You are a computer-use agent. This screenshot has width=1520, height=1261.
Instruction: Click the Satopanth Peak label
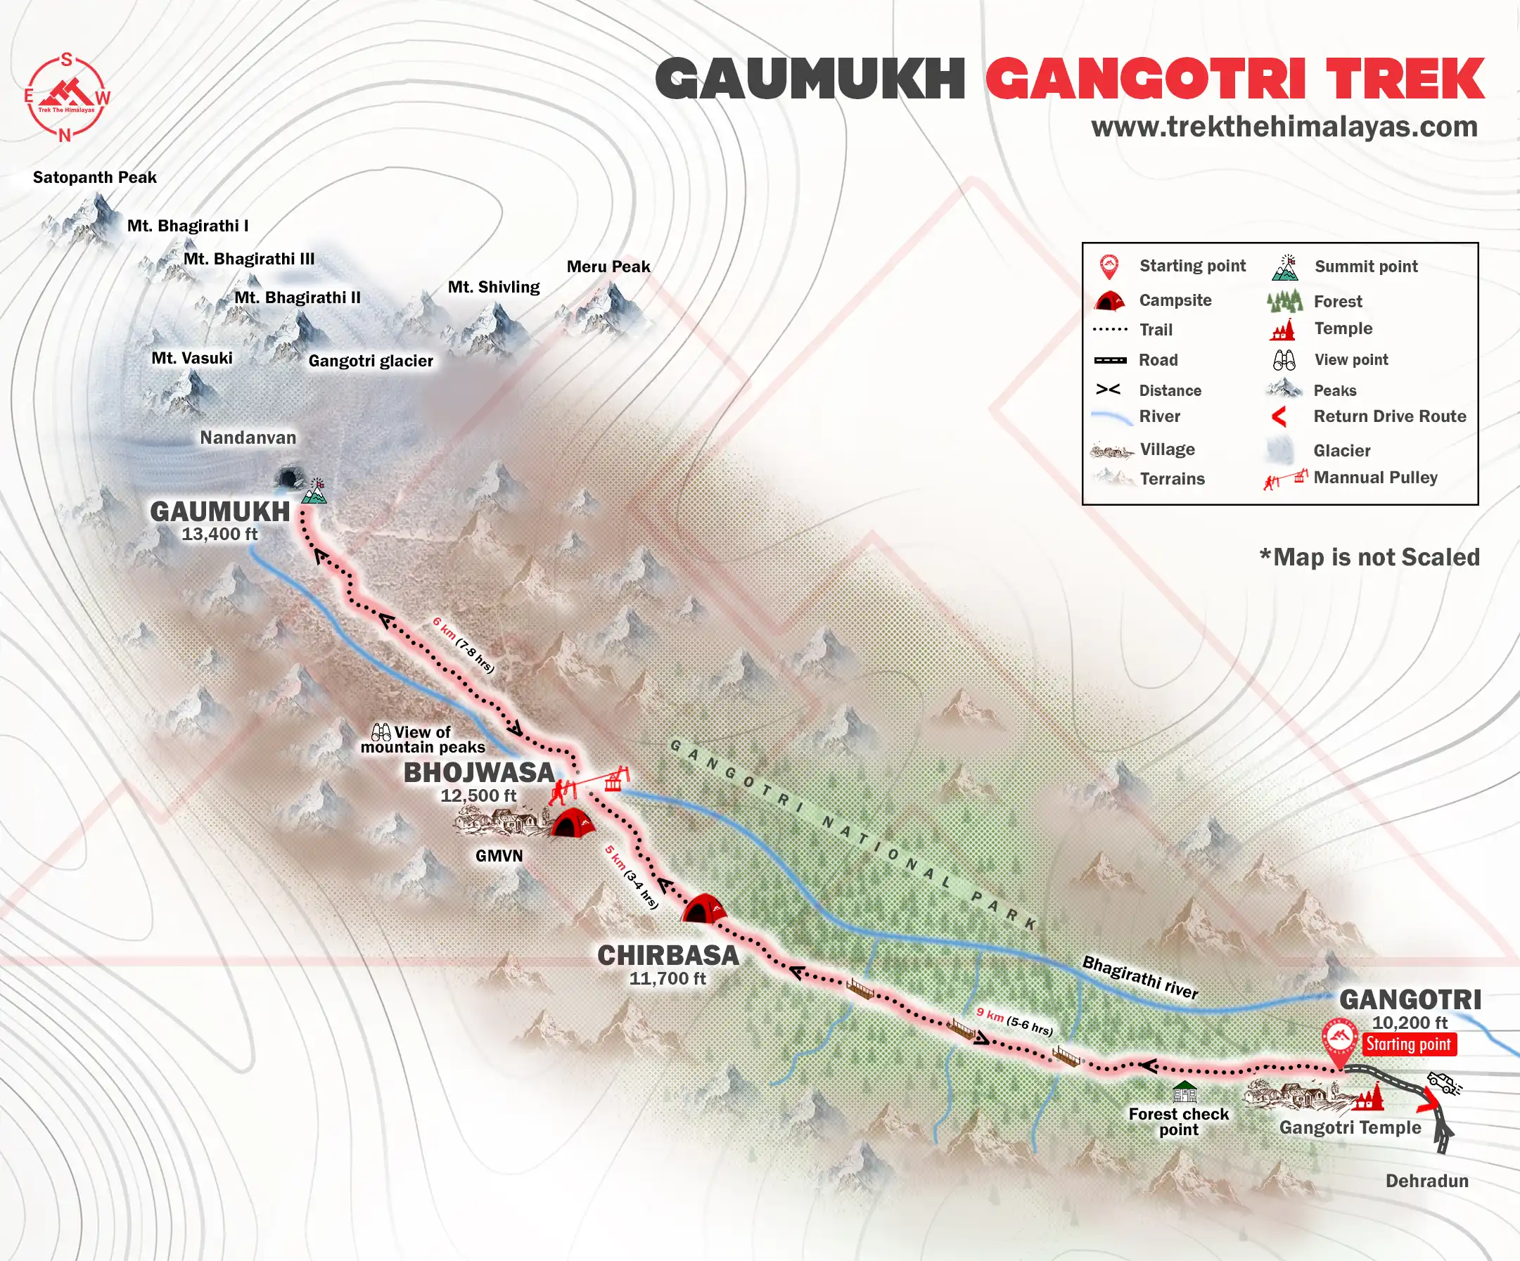point(94,177)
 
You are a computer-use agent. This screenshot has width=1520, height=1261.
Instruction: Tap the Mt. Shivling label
point(494,287)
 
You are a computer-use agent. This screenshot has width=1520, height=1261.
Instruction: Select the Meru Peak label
point(608,267)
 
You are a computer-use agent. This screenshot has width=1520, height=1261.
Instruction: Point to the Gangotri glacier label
point(371,361)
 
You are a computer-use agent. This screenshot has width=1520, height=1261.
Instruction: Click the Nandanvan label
point(248,437)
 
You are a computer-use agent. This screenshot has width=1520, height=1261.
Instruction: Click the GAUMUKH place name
point(219,511)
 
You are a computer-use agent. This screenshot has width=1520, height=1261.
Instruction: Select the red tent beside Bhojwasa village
point(573,823)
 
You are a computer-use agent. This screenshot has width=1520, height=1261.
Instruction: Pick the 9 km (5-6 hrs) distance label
point(1014,1020)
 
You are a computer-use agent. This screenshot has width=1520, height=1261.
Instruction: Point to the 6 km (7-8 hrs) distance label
point(464,645)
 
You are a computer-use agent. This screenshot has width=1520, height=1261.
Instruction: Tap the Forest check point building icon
point(1184,1091)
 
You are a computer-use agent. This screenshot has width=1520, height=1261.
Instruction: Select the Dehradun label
point(1426,1181)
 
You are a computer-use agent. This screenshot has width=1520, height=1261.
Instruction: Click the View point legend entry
point(1350,360)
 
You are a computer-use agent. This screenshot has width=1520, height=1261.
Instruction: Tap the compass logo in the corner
point(67,96)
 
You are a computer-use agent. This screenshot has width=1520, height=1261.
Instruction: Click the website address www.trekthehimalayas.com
point(1284,127)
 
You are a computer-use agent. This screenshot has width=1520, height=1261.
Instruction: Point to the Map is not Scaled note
point(1369,557)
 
